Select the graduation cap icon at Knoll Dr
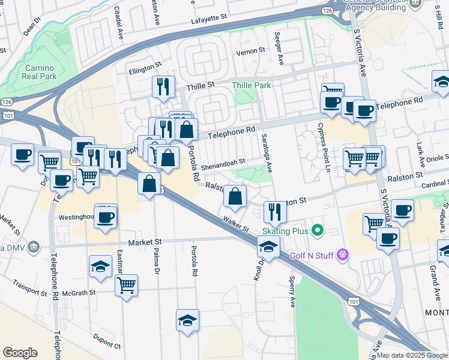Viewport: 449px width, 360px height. click(x=268, y=246)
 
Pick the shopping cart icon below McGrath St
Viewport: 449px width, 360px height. click(x=127, y=285)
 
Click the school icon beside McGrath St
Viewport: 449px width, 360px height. click(x=100, y=266)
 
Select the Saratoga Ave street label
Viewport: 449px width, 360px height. click(x=265, y=151)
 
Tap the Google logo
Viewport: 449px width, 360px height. click(x=20, y=353)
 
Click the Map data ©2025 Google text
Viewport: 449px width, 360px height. click(x=412, y=355)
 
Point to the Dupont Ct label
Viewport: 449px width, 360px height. click(x=107, y=344)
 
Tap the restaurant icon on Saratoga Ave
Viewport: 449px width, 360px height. click(x=274, y=212)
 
